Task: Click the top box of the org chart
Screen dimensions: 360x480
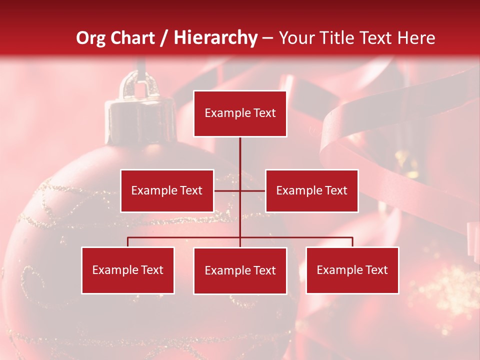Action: pyautogui.click(x=240, y=113)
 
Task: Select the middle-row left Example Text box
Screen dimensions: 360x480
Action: pyautogui.click(x=167, y=190)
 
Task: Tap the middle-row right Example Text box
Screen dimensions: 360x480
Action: pyautogui.click(x=311, y=190)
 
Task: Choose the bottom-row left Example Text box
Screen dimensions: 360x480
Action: pyautogui.click(x=128, y=270)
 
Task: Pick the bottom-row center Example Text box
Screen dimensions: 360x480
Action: pyautogui.click(x=240, y=270)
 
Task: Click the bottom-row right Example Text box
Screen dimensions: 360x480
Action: pyautogui.click(x=352, y=270)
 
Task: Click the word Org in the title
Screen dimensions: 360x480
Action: pyautogui.click(x=91, y=38)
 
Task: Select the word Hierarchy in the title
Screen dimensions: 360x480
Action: pyautogui.click(x=215, y=38)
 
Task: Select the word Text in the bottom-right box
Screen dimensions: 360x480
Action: pyautogui.click(x=376, y=270)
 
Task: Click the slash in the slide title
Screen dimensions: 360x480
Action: pyautogui.click(x=164, y=38)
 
